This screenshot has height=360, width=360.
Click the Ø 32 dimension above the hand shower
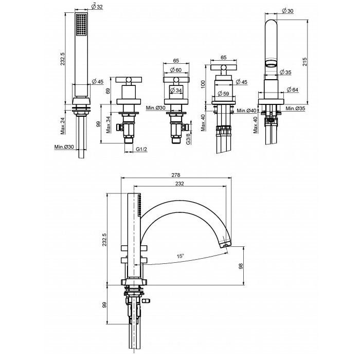[97, 7]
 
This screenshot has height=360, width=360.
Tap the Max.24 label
[63, 126]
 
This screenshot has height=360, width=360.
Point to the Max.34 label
[109, 125]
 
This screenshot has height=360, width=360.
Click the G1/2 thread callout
[141, 149]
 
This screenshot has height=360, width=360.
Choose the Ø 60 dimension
[176, 70]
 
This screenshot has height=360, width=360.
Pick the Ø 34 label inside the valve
[176, 90]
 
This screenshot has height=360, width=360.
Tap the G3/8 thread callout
[188, 137]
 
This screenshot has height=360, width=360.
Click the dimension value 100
[203, 84]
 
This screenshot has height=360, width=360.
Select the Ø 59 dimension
[223, 94]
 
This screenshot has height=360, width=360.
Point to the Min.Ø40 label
[246, 111]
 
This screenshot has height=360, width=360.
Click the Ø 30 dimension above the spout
[287, 11]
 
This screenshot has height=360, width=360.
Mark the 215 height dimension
[304, 62]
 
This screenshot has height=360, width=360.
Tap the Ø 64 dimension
[293, 89]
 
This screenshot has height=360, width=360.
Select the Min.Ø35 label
[296, 109]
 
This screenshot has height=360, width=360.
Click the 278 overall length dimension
[176, 175]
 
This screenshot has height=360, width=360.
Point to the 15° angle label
[181, 256]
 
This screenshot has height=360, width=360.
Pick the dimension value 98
[240, 266]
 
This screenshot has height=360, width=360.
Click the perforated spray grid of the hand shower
[81, 25]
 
